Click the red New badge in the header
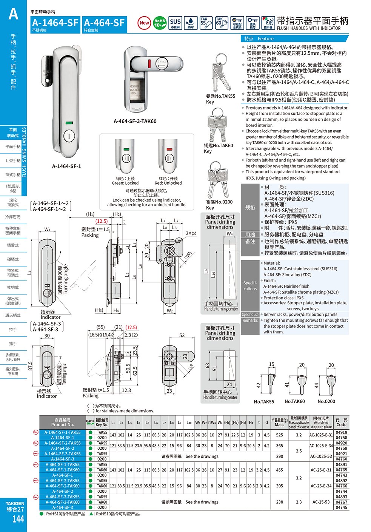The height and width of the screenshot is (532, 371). click(144, 23)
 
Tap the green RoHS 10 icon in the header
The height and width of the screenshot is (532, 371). click(160, 23)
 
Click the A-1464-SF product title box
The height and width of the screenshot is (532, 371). click(55, 24)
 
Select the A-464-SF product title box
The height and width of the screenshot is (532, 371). click(105, 24)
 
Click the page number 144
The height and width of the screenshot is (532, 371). click(18, 519)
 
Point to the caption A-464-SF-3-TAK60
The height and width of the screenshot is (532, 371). click(135, 121)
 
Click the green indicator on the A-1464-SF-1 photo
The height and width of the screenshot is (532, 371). click(69, 123)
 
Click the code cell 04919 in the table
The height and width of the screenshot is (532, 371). click(341, 432)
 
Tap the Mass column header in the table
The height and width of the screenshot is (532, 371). click(279, 422)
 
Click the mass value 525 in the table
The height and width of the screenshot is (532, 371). click(279, 435)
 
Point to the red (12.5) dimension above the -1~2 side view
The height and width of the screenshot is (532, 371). click(102, 221)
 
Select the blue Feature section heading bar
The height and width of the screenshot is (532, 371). click(294, 39)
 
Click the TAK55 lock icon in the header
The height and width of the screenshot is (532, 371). click(206, 23)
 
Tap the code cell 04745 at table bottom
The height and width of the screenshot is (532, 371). click(341, 507)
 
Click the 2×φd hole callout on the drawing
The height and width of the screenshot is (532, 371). click(191, 233)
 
